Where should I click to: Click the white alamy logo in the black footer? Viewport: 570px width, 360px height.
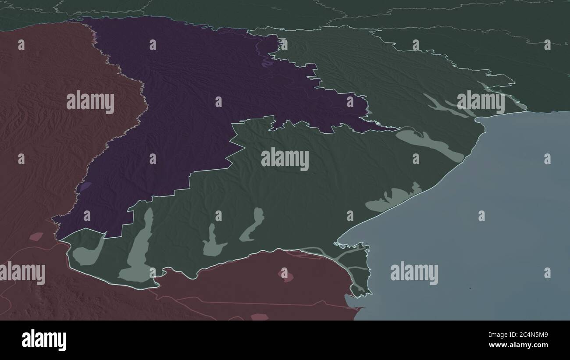coord(44,340)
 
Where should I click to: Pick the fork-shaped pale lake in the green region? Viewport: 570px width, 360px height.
coord(213,243)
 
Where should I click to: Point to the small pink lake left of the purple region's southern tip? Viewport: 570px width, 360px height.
coord(36,237)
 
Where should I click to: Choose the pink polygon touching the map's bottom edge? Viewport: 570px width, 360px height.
coord(259,317)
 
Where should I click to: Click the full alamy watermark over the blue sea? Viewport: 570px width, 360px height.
coord(414,273)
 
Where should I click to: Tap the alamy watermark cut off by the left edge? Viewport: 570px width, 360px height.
coord(22,273)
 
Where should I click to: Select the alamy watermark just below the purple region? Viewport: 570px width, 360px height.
coord(285,159)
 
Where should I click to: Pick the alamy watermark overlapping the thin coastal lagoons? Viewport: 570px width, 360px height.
coord(481,102)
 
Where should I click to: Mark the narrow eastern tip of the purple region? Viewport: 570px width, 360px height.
coord(386,128)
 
